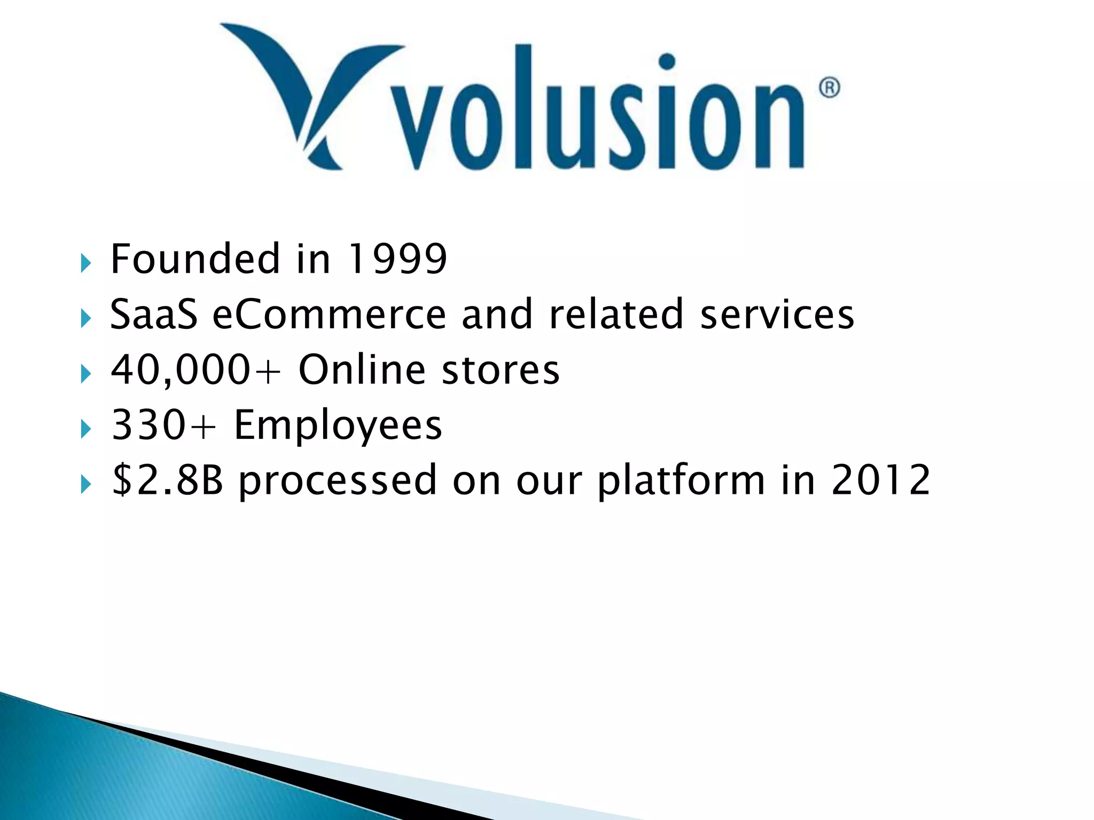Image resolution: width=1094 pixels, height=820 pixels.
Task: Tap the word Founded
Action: (x=195, y=259)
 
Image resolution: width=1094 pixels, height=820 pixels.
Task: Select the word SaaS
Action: (x=154, y=314)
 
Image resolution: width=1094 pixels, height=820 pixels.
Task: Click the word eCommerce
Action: (x=329, y=314)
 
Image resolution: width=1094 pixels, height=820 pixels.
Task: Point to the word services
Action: (x=777, y=314)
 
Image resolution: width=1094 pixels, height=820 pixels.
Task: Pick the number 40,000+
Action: (x=196, y=370)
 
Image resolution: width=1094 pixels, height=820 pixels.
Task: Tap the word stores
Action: (x=501, y=370)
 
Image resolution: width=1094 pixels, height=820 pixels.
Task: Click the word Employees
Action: (x=338, y=427)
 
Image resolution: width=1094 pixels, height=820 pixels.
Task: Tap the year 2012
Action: (x=881, y=480)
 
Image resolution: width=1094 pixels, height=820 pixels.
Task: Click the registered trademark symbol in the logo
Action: (x=829, y=88)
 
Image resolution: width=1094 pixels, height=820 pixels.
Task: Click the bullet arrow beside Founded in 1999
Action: (x=85, y=263)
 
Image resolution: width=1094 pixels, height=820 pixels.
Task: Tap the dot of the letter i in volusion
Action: (x=667, y=62)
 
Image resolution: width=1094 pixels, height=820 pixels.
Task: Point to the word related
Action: (x=616, y=314)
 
